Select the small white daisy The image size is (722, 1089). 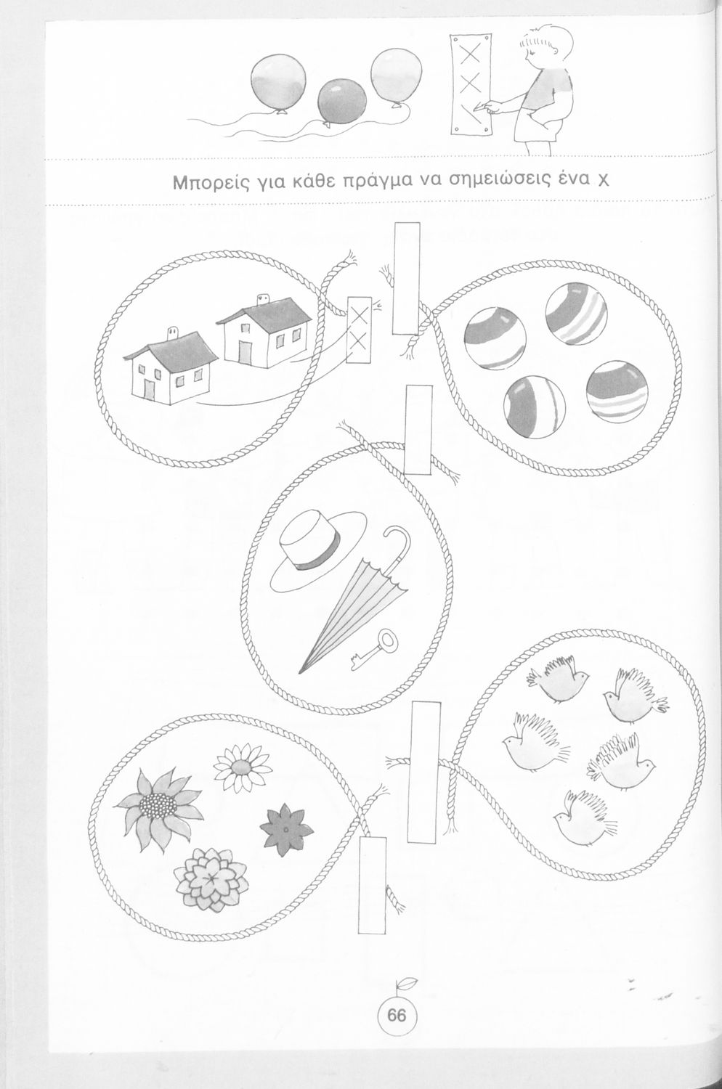pos(242,767)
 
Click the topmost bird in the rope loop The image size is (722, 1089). pos(558,678)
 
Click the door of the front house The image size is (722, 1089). pos(149,389)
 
